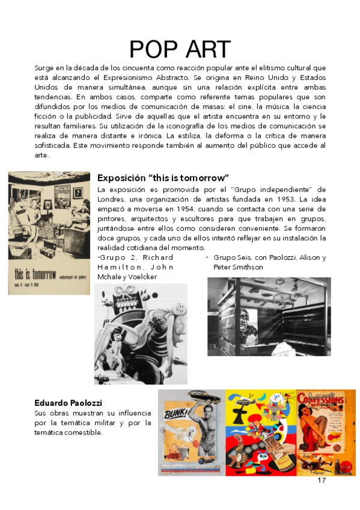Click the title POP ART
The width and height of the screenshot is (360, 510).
[180, 49]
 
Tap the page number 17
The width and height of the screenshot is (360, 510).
[322, 481]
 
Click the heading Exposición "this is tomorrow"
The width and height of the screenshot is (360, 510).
[163, 178]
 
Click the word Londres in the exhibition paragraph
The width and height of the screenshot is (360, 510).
[112, 199]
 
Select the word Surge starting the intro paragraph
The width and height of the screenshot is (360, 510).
[44, 68]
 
